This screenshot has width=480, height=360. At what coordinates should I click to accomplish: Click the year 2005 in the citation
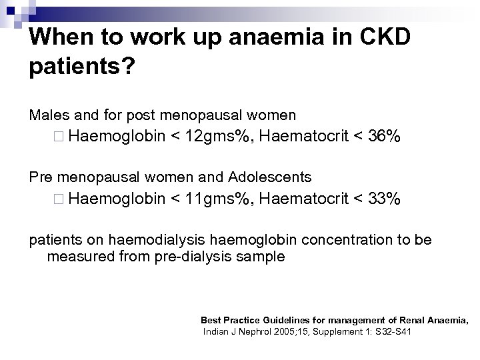[283, 331]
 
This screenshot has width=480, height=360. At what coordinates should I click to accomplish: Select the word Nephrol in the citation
[251, 331]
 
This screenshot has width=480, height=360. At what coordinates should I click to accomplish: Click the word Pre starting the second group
[41, 177]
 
